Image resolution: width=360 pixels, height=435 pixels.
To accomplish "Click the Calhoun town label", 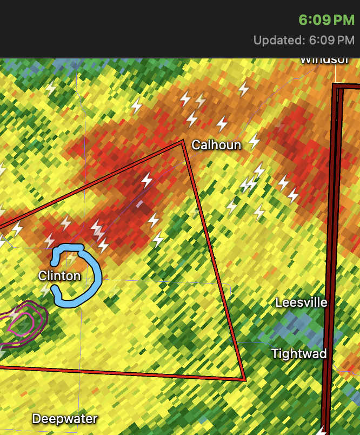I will pyautogui.click(x=216, y=144).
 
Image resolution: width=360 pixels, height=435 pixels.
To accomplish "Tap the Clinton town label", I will pyautogui.click(x=59, y=276).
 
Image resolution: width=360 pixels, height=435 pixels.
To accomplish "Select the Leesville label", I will pyautogui.click(x=301, y=302).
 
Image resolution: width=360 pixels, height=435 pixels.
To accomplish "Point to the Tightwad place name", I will pyautogui.click(x=299, y=354).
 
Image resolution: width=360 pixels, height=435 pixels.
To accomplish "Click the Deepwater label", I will pyautogui.click(x=65, y=419).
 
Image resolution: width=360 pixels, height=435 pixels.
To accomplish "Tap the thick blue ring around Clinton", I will pyautogui.click(x=98, y=276).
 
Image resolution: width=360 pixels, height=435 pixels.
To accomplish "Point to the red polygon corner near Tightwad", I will pyautogui.click(x=245, y=379).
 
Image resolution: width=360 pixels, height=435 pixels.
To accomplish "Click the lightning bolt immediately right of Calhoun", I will pyautogui.click(x=254, y=141).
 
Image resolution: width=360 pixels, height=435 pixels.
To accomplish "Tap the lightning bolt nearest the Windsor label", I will pyautogui.click(x=244, y=88).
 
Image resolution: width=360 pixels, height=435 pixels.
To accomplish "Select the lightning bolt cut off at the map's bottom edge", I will pyautogui.click(x=323, y=431).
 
